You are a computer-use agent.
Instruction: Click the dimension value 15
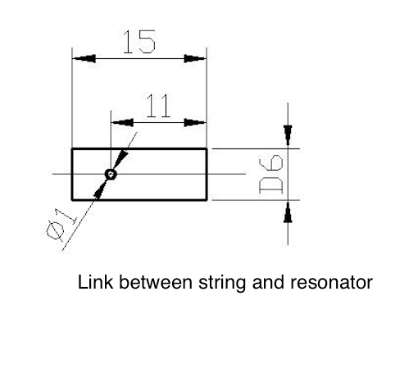pos(139,42)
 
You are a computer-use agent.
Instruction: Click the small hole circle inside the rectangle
pos(111,174)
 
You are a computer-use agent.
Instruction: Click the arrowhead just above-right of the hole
pos(120,160)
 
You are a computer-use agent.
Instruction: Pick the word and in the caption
pos(261,284)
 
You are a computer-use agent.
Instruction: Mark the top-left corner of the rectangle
pos(73,148)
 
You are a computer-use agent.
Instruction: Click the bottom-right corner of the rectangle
pos(206,199)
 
